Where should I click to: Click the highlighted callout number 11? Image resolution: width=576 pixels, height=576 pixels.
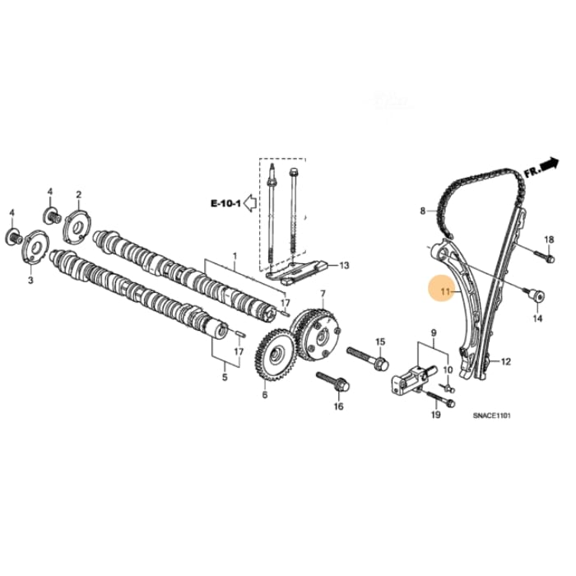coord(445,291)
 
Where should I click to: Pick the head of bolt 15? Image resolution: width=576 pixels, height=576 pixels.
coord(380,361)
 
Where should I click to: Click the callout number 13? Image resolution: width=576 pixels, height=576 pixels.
coord(344,266)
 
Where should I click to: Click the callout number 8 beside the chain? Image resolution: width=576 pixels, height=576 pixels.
coord(424,211)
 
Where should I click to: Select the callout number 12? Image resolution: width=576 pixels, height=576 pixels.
coord(506,361)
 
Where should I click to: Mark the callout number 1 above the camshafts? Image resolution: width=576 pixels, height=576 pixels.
coord(234,257)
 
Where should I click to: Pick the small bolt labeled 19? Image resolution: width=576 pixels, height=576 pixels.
coord(441,402)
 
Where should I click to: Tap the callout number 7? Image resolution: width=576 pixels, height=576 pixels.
coord(323,294)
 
